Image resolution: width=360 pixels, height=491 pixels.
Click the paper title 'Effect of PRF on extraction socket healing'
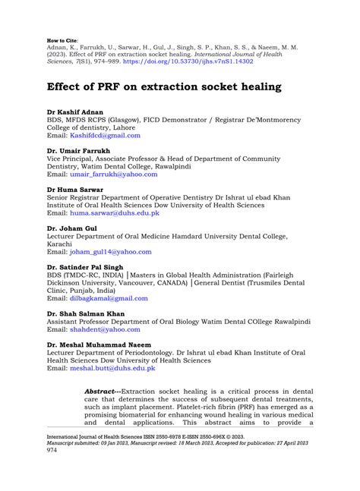163,87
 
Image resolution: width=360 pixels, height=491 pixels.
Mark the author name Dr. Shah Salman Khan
88,313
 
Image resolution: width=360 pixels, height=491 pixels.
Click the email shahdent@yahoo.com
105,329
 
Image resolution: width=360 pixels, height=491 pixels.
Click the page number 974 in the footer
52,449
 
